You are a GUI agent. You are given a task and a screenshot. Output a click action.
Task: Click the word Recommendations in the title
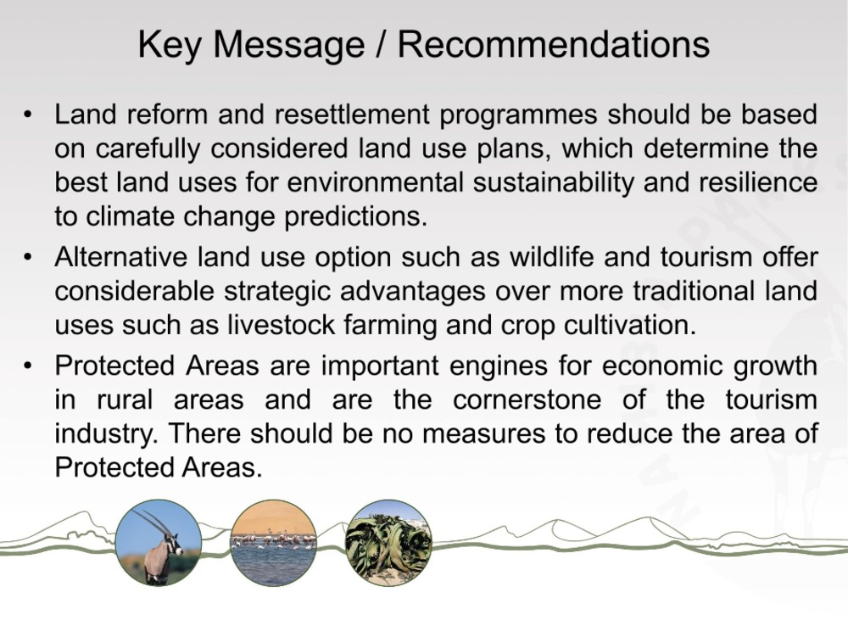(553, 44)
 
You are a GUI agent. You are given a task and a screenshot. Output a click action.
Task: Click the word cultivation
(629, 325)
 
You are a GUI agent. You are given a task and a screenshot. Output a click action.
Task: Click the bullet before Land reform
(28, 115)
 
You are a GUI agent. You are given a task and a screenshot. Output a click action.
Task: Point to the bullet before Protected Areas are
(28, 366)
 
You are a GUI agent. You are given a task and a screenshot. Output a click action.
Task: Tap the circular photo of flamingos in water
(273, 542)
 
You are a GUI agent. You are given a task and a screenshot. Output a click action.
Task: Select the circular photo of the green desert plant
(388, 542)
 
